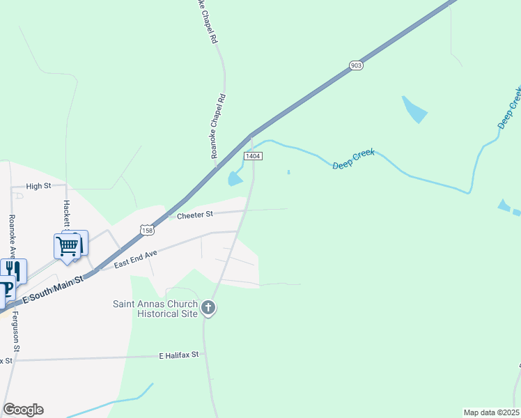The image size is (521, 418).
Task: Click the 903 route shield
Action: [356, 65]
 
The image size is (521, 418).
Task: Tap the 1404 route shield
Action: [253, 156]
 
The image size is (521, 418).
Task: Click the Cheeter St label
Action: [194, 216]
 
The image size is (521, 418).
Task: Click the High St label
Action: [38, 186]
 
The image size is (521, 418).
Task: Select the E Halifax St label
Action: [179, 355]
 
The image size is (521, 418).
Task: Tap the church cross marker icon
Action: [208, 307]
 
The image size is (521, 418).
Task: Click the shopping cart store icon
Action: [67, 245]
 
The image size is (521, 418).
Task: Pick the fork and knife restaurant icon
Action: [14, 270]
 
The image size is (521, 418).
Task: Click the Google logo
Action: [23, 410]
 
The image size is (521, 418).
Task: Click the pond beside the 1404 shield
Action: [235, 179]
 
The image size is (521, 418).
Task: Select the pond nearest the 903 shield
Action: [414, 109]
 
